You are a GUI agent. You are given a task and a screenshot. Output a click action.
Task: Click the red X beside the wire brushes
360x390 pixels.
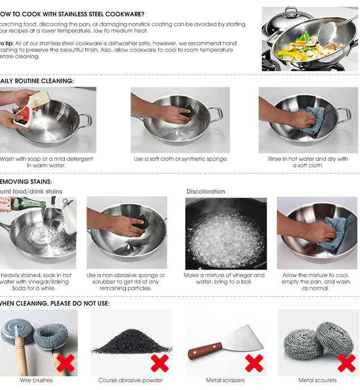coord(66,363)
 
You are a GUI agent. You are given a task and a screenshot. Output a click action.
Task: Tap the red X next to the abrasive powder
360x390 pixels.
coord(160,363)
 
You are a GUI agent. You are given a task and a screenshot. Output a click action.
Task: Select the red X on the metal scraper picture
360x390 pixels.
coord(254,363)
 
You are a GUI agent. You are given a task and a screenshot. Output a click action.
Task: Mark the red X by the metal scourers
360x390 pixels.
coord(346,363)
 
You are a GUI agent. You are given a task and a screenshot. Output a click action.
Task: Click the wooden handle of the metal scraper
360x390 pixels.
coord(204,351)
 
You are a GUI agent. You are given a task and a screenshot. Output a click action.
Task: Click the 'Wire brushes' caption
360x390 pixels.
coord(36,380)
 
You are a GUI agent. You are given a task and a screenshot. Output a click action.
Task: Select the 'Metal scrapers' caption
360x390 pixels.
coord(225,380)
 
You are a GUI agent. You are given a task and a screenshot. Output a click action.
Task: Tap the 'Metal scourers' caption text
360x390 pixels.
coord(318,380)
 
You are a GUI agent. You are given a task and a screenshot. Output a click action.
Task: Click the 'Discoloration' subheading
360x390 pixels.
coord(205,192)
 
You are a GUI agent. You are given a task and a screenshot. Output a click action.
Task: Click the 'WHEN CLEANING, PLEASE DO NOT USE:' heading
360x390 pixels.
coord(54,303)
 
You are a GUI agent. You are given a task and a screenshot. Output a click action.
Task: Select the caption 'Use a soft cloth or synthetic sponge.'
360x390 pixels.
coord(181,159)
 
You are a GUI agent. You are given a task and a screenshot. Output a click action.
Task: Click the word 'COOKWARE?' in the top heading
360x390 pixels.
coord(121,13)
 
